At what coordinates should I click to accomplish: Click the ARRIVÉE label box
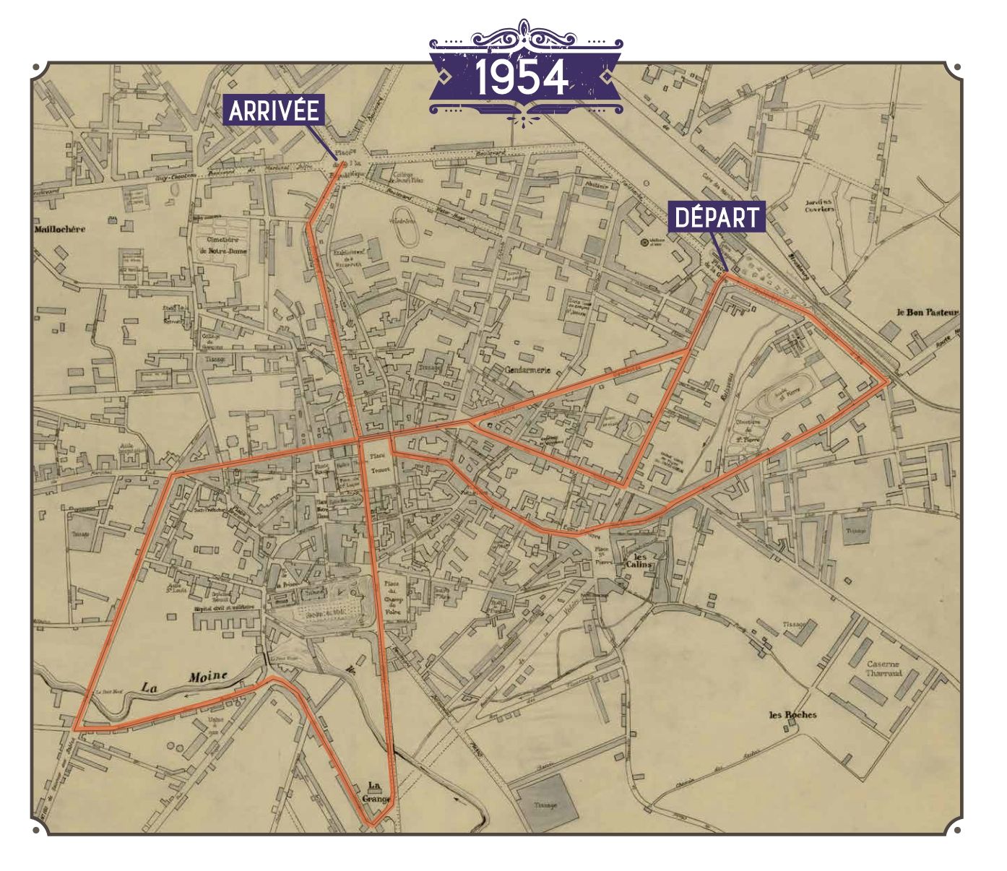click(x=274, y=110)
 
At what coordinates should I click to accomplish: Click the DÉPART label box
click(x=718, y=217)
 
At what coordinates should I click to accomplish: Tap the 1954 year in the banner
click(x=522, y=78)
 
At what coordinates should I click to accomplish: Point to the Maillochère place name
click(x=59, y=230)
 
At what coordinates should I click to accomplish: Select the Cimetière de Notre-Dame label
click(x=220, y=246)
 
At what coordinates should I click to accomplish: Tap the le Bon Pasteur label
click(x=927, y=313)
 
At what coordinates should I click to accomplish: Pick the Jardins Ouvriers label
click(x=819, y=206)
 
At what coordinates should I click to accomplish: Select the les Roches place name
click(x=792, y=715)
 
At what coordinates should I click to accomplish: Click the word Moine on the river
click(x=208, y=677)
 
